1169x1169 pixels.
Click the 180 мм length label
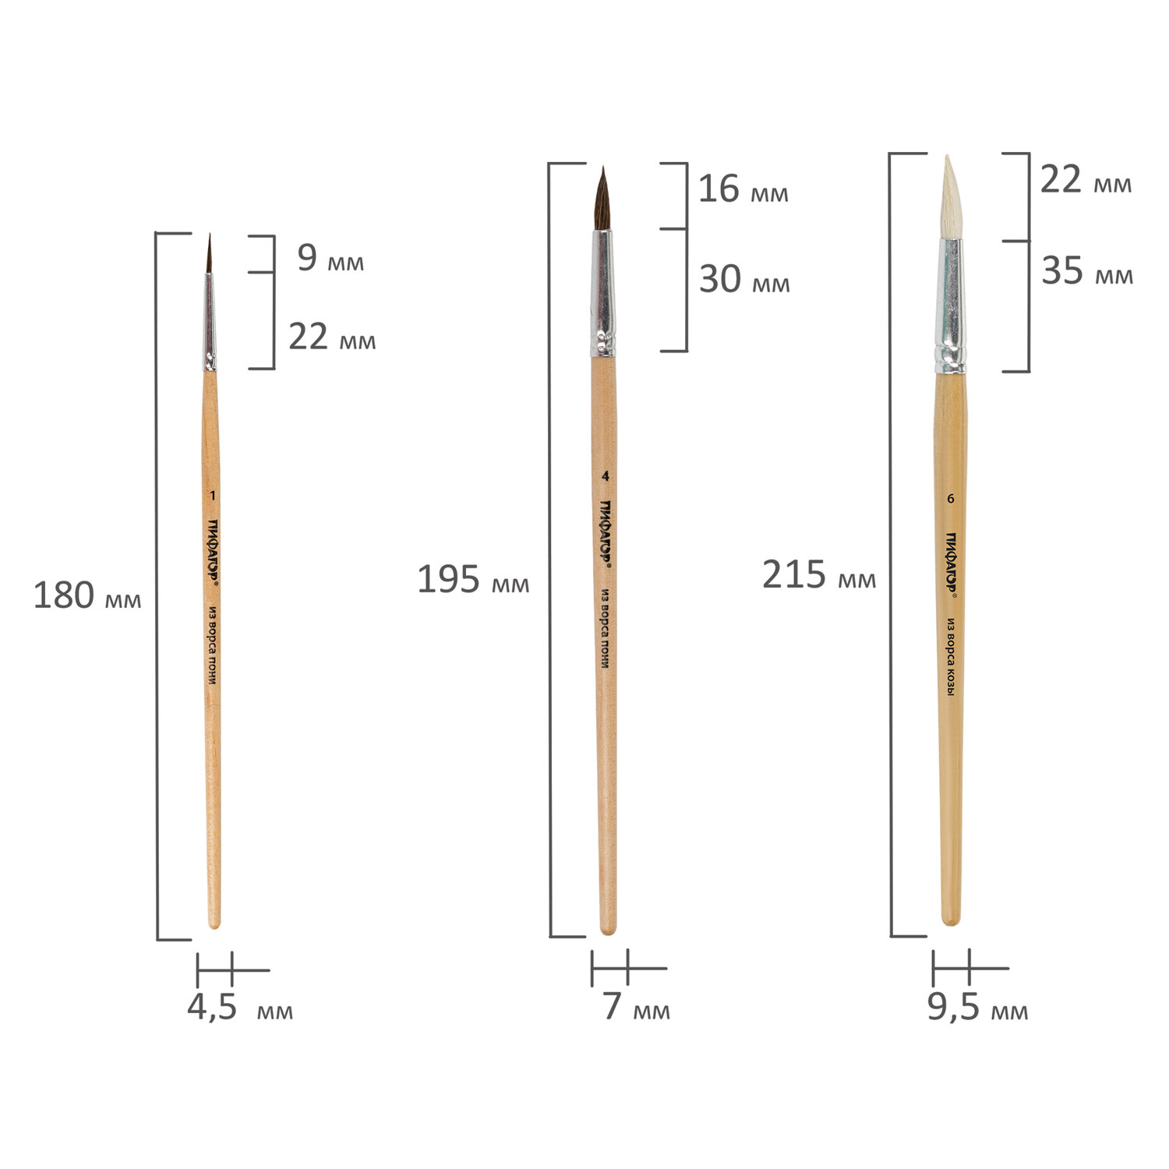(x=87, y=596)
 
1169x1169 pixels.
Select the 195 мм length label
(x=473, y=580)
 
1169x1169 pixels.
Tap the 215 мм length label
(x=819, y=575)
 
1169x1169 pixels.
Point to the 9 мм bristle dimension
(x=330, y=258)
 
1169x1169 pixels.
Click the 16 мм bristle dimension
(x=743, y=189)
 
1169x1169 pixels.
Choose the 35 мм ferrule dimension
(x=1087, y=271)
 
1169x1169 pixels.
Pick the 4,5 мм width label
(x=240, y=1008)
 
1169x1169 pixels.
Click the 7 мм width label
(x=636, y=1007)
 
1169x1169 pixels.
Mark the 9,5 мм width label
(x=977, y=1008)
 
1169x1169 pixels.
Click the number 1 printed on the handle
(x=213, y=496)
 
